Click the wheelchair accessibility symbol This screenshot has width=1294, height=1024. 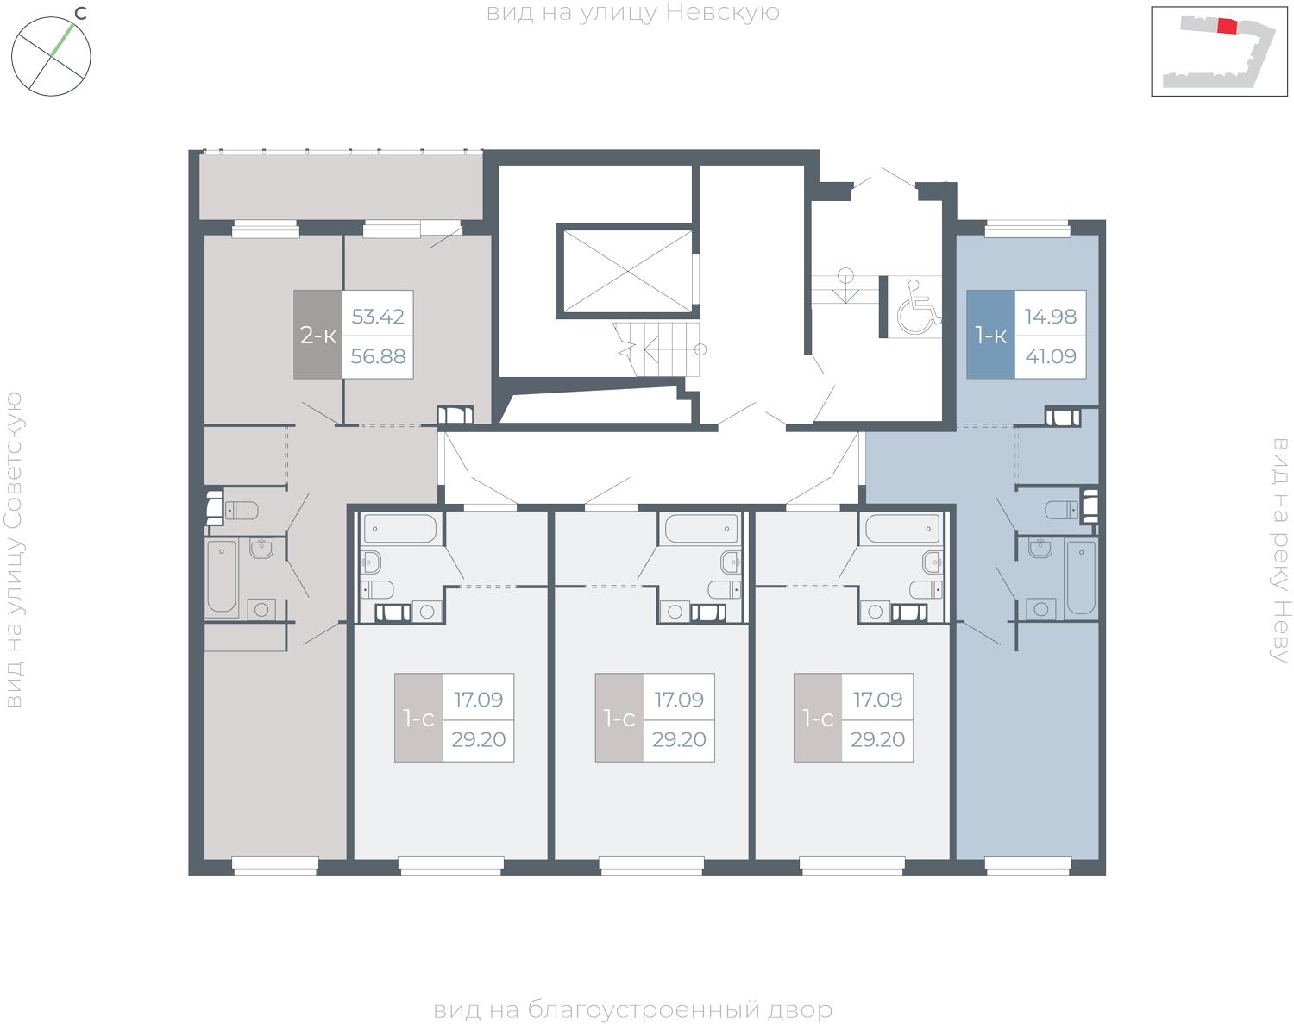coord(918,306)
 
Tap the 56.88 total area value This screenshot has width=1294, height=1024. coord(378,356)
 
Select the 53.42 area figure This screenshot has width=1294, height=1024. coord(378,317)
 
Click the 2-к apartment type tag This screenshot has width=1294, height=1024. coord(317,335)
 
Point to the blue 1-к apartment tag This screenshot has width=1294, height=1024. coord(990,335)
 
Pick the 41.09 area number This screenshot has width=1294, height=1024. coord(1051,356)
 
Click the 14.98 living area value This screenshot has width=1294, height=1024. coord(1051,317)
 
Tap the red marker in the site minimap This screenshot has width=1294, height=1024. coord(1227,27)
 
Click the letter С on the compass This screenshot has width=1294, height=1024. coord(80,13)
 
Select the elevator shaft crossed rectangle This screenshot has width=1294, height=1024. coord(628,271)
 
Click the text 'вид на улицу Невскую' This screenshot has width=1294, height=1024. coord(632,13)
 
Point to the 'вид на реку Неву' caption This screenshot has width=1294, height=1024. coord(1281,550)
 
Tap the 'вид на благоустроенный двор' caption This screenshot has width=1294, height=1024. coord(632,1009)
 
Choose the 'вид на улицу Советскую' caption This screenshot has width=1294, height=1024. coord(14,550)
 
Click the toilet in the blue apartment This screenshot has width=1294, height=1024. coord(1061,510)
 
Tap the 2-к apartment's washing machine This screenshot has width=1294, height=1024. coord(261,609)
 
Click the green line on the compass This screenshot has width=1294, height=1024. coord(62,41)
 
